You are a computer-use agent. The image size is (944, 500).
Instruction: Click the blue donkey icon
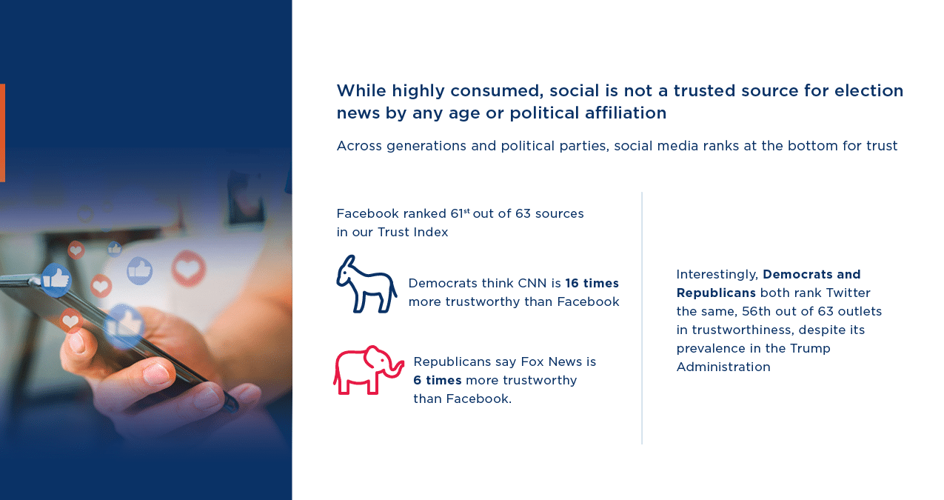click(366, 284)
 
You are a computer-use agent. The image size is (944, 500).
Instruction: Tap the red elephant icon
click(368, 370)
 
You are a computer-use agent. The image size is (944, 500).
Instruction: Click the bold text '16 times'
click(592, 283)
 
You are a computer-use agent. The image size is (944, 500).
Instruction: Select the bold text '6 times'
click(438, 380)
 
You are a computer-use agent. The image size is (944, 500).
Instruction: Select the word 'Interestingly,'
click(717, 275)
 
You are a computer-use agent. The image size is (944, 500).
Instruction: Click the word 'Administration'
click(723, 367)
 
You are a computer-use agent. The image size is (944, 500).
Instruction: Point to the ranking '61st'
click(460, 213)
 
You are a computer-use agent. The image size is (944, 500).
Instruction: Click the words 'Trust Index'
click(412, 232)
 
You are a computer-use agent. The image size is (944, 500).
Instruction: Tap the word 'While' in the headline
click(361, 90)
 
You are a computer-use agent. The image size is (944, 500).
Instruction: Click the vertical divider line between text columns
click(642, 318)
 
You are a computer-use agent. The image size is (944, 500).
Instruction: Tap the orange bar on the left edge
click(2, 133)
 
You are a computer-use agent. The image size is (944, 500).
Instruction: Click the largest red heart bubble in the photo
click(188, 268)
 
